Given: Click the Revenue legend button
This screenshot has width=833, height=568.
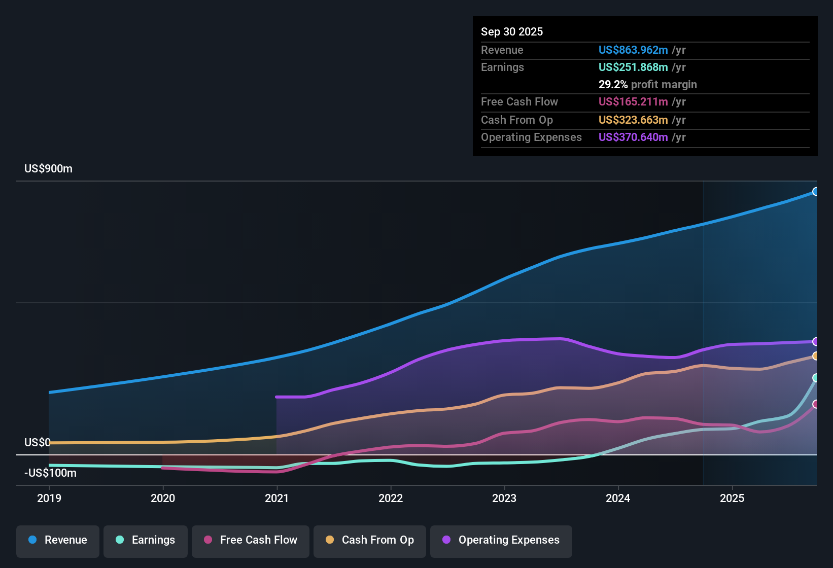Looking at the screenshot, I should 58,540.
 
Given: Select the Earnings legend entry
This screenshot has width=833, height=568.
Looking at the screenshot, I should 145,540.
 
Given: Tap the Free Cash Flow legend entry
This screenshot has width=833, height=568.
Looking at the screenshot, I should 251,540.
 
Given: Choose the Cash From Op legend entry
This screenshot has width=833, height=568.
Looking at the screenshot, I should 370,540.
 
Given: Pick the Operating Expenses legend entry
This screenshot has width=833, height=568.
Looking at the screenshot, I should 501,540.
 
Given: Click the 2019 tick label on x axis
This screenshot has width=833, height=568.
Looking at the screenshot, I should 49,498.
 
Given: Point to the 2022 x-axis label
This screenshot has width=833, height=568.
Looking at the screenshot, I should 391,498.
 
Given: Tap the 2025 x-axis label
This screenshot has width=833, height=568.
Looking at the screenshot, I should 732,498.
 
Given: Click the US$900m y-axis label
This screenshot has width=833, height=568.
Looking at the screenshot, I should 48,169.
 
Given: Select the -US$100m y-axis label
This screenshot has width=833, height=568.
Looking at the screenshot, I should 50,473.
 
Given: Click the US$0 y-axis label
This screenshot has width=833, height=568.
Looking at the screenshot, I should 38,443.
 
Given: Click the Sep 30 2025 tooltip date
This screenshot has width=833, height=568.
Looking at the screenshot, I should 512,31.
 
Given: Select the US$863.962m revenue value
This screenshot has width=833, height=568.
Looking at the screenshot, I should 633,50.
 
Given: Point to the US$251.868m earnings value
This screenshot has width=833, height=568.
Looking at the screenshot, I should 633,67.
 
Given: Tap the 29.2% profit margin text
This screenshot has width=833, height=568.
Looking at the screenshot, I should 647,84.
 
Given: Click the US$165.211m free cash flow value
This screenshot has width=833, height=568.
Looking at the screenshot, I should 633,101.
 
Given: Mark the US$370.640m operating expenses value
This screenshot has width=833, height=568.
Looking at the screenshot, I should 633,137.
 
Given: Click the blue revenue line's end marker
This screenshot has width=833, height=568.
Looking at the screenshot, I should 815,192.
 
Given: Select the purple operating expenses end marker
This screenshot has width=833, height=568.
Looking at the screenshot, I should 815,342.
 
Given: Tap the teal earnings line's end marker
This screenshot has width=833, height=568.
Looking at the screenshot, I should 815,378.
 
